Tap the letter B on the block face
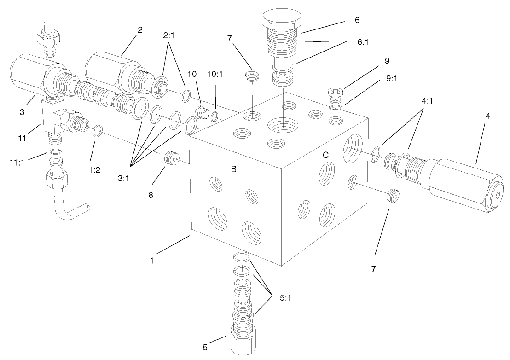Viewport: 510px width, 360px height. tap(233, 169)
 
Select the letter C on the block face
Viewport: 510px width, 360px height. tap(325, 155)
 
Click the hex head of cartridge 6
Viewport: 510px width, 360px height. tap(282, 21)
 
